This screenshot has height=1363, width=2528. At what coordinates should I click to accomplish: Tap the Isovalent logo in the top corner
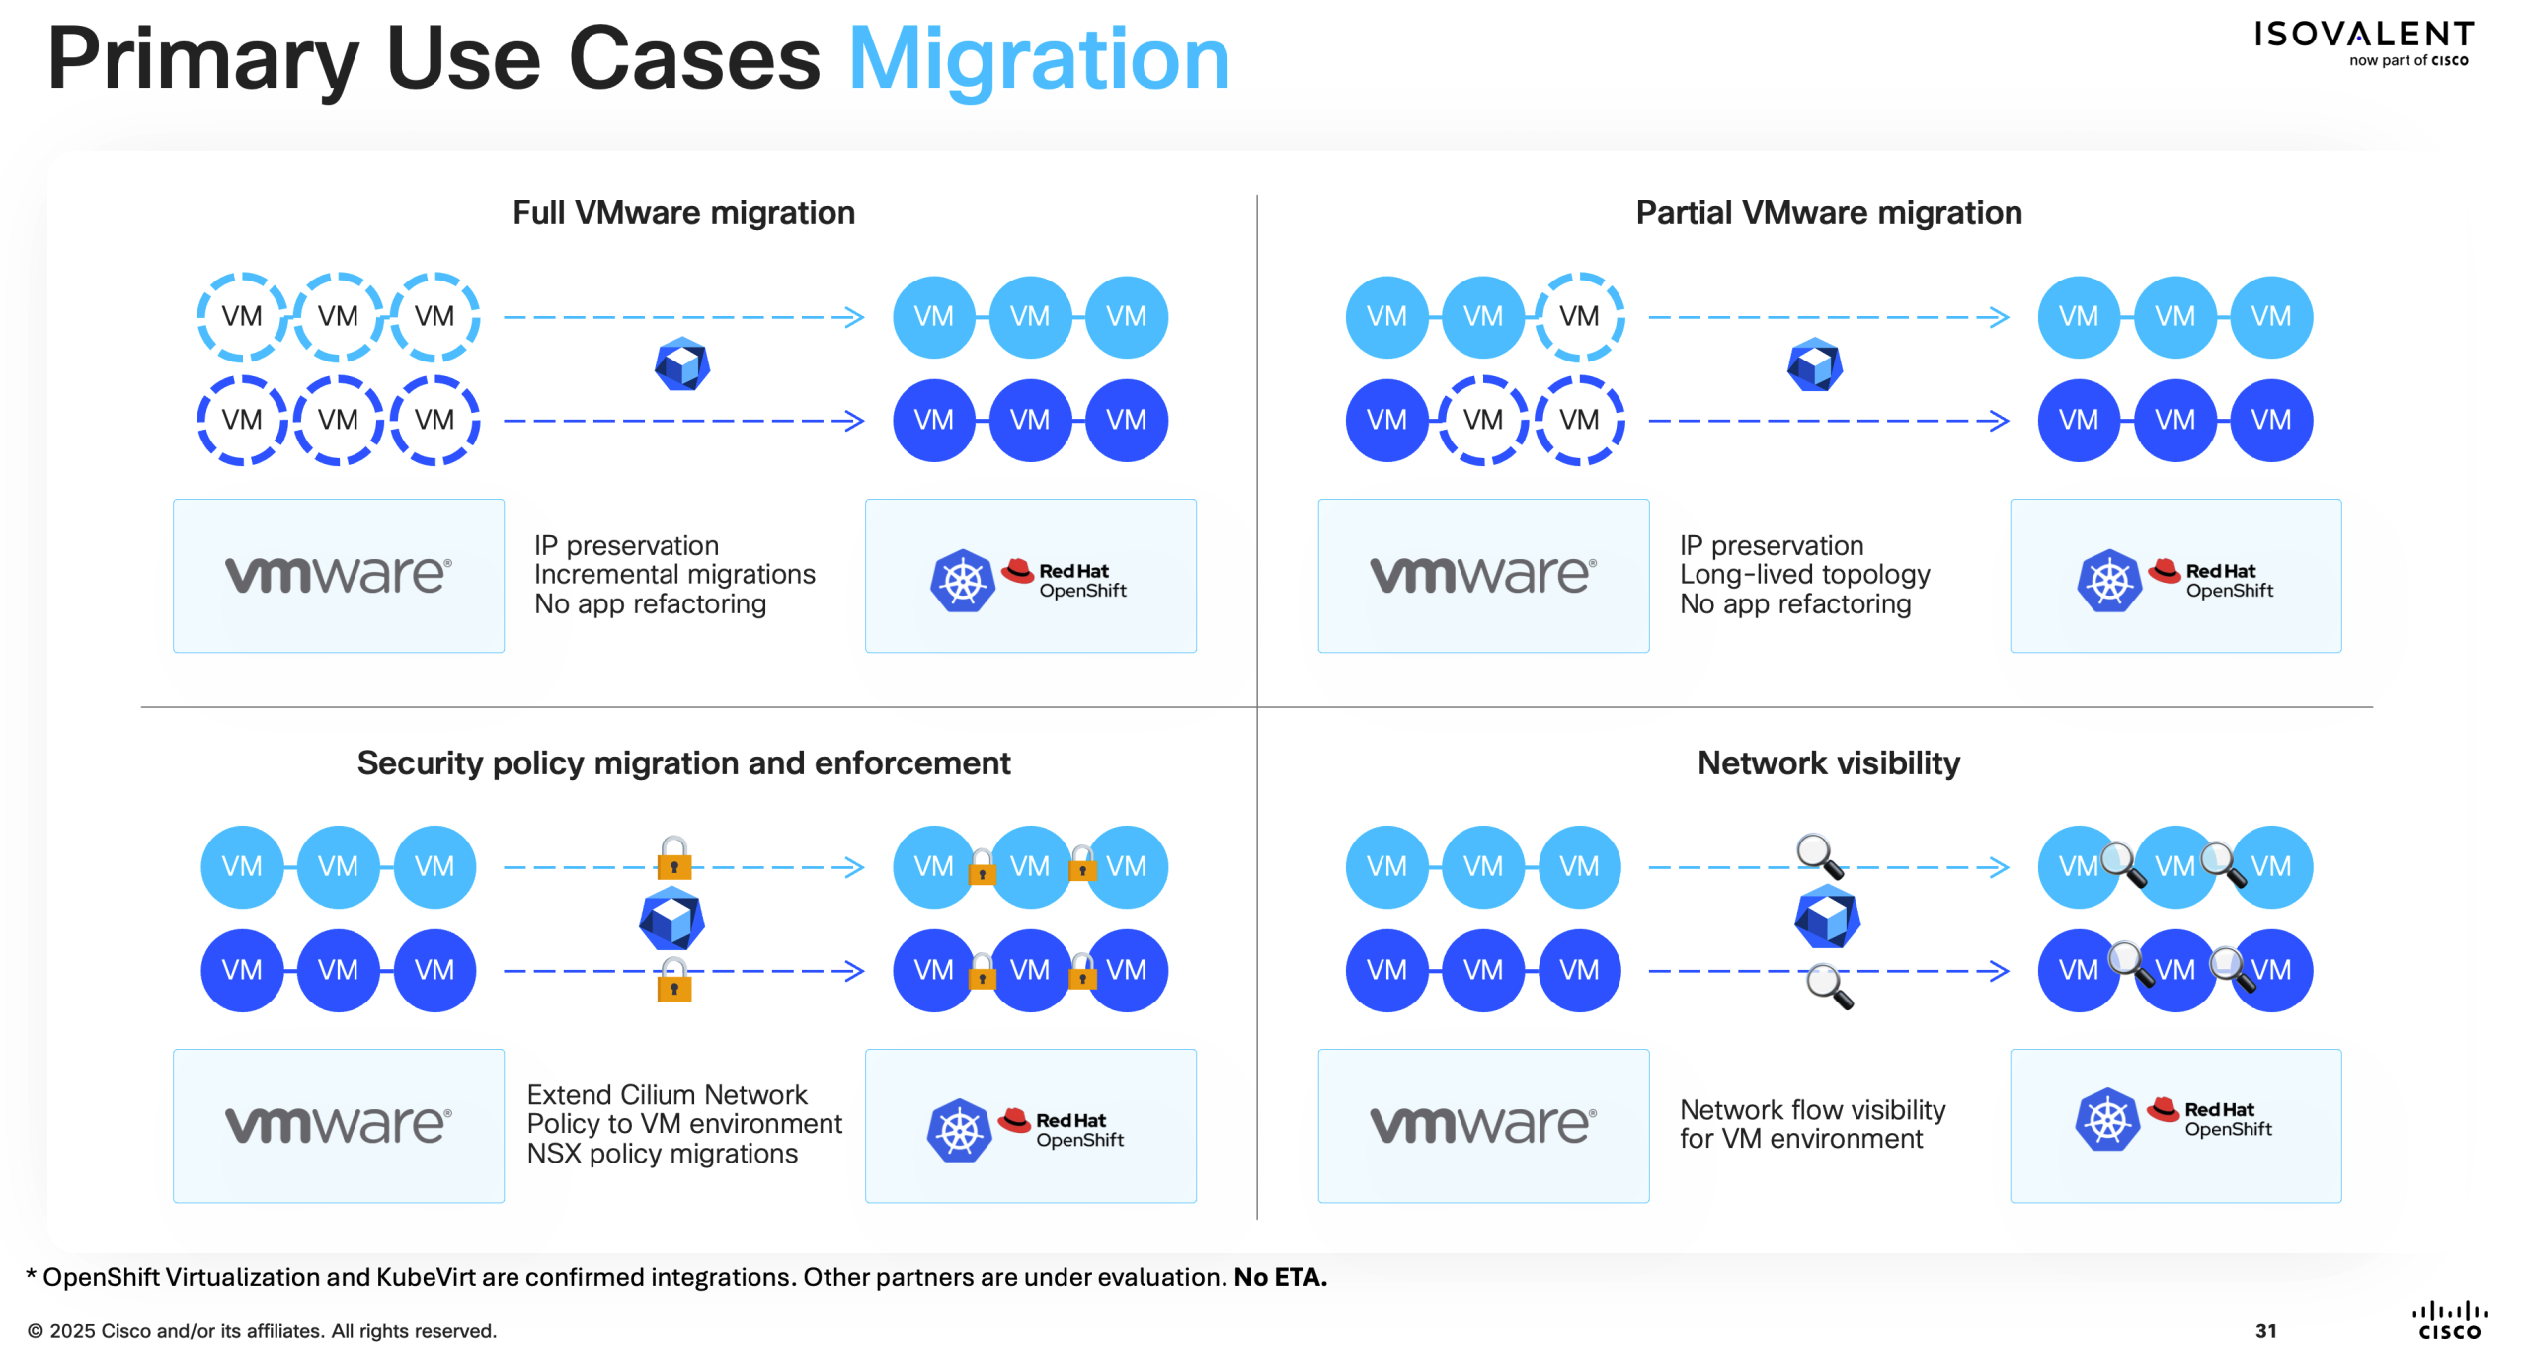[2363, 41]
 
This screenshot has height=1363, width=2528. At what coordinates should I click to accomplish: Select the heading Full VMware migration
[683, 213]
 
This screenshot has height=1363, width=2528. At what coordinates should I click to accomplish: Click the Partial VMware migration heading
[1829, 213]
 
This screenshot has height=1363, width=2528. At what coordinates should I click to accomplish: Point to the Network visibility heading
[1829, 763]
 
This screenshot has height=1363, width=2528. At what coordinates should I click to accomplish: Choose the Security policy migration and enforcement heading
[683, 763]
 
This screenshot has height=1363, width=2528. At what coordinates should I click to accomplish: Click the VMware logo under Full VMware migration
[339, 576]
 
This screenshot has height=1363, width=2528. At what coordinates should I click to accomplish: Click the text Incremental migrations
[674, 575]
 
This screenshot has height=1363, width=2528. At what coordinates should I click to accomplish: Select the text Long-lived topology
[1804, 575]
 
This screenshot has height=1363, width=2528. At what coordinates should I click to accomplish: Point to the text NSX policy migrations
[662, 1154]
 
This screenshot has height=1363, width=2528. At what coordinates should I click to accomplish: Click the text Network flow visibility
[1812, 1110]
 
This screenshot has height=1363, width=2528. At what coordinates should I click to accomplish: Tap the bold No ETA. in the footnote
[1280, 1277]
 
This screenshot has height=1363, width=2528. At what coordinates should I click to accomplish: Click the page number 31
[2265, 1331]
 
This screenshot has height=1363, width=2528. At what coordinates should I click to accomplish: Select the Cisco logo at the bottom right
[2449, 1321]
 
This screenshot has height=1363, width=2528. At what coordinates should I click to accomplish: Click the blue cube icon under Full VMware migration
[682, 364]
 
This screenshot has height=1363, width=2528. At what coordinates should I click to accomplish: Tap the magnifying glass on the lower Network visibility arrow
[1828, 986]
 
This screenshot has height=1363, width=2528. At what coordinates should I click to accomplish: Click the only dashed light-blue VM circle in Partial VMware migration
[1579, 317]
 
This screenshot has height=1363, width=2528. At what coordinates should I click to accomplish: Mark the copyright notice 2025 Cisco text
[262, 1331]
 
